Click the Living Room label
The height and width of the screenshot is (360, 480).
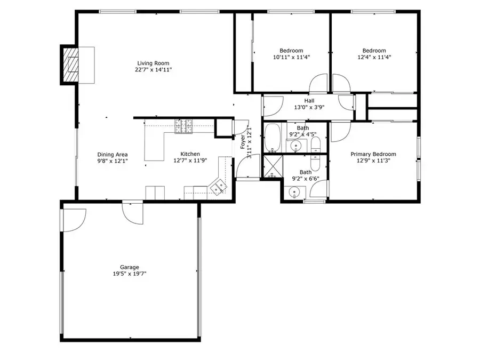153,63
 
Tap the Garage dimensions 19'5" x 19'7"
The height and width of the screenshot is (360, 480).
130,274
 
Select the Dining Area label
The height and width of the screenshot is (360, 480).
113,155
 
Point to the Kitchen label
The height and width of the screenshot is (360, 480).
190,154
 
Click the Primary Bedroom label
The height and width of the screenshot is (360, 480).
373,154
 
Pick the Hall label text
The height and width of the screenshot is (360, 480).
309,101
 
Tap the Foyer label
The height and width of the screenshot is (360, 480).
243,141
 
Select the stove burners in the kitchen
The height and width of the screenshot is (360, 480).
183,126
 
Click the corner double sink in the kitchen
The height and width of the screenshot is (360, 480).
218,187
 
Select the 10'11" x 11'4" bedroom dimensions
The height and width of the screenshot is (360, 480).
291,57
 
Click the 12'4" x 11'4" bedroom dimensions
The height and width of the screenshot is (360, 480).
374,57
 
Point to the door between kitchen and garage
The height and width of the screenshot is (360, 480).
133,212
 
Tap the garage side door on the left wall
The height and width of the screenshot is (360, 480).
74,220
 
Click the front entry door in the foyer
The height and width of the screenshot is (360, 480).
248,166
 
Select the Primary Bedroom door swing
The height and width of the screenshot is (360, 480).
340,132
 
